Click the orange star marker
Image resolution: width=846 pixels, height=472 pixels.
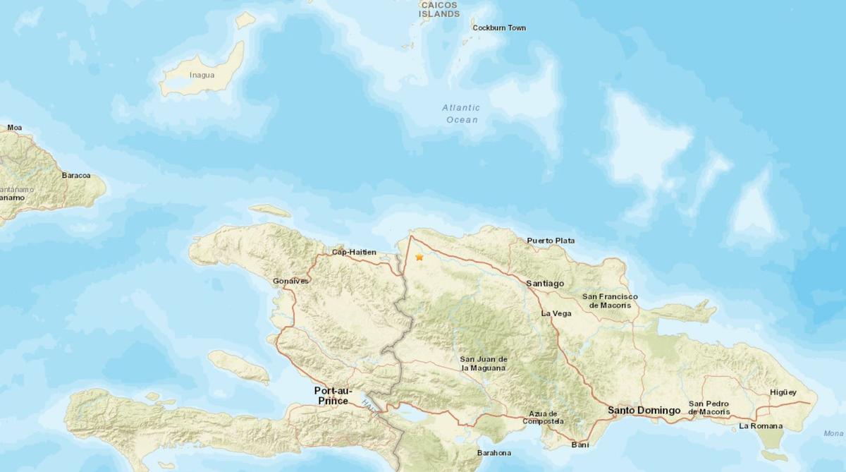(x=419, y=258)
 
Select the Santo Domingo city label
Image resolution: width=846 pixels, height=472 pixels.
(x=644, y=410)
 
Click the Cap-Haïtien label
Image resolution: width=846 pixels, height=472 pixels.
(x=354, y=252)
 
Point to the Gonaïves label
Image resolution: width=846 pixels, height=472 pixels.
(x=290, y=282)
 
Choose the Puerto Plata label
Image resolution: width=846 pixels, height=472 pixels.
(x=551, y=241)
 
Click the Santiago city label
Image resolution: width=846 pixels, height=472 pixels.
(x=545, y=283)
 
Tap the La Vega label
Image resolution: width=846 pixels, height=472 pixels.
(x=556, y=313)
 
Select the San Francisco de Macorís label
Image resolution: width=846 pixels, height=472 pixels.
(x=610, y=301)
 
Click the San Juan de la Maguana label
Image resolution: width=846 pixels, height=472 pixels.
(x=484, y=363)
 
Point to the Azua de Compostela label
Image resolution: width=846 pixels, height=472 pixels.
(x=543, y=418)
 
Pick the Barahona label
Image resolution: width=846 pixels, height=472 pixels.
(x=493, y=453)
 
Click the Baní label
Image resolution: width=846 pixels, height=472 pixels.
(x=580, y=444)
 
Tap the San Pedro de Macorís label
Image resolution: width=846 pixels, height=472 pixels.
(x=709, y=408)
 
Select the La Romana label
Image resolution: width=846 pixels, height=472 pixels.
(x=761, y=426)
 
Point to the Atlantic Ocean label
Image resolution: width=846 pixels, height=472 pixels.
(x=461, y=114)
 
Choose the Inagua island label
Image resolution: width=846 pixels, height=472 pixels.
(x=202, y=75)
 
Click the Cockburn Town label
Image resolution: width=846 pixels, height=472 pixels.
(x=499, y=28)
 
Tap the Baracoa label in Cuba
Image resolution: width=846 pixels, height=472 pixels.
(x=76, y=175)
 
